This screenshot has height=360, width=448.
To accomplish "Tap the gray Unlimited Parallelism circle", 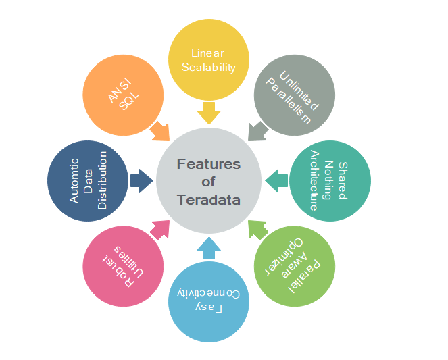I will [293, 95].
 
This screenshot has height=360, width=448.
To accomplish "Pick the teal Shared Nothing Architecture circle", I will [330, 180].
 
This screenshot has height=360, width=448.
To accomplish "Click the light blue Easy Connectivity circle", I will [208, 301].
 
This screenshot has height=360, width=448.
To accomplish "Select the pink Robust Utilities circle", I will [123, 265].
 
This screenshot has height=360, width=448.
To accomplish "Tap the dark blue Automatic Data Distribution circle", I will [88, 180].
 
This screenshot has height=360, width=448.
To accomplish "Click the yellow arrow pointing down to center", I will [208, 113].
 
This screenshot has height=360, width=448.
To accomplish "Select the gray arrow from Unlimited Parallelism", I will [257, 131].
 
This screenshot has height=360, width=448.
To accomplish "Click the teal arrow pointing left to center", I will [276, 180].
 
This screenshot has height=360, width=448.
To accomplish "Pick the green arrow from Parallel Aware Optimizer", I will [257, 230].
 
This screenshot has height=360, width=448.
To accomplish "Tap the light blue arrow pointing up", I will [208, 249].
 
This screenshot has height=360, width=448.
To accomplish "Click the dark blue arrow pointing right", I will [141, 180].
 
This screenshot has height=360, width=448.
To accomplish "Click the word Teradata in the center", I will [208, 199].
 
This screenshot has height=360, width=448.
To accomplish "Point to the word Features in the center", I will [208, 164].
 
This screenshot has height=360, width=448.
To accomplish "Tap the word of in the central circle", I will [208, 182].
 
